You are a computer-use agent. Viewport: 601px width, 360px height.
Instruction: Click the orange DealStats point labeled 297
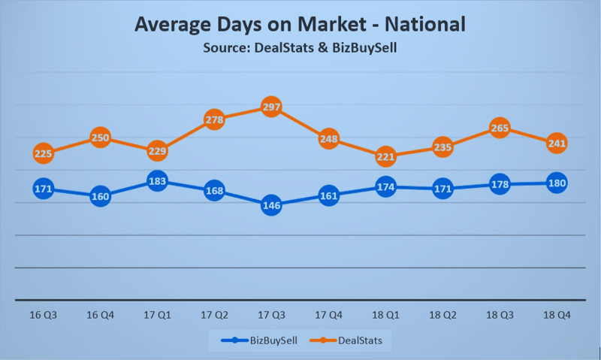click(271, 107)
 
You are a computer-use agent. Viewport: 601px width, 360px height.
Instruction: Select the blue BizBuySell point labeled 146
click(271, 205)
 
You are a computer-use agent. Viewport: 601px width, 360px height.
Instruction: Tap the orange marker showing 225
click(43, 153)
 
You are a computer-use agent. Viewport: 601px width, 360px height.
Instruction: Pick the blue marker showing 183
click(157, 181)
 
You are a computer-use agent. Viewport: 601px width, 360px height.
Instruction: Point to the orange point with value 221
click(385, 156)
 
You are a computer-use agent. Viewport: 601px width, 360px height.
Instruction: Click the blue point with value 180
click(557, 183)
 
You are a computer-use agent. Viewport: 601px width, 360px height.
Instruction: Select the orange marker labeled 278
click(214, 119)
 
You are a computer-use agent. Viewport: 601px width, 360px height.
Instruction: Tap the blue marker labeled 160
click(100, 197)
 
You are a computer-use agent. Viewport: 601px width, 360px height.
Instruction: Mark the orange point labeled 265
click(500, 128)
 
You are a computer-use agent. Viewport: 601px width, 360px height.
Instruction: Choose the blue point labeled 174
click(385, 186)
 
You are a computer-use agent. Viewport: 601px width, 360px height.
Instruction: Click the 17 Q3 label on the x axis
click(271, 315)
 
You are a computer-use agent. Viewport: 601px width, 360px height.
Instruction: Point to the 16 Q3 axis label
click(43, 315)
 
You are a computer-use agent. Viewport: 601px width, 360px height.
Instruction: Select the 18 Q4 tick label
click(557, 315)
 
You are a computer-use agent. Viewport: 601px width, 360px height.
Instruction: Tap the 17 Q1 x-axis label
click(157, 315)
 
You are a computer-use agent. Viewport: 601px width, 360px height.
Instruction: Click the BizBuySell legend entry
click(259, 340)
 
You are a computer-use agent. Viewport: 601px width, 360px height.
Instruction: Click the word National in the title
click(425, 25)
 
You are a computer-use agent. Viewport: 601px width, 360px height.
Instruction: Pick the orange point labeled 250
click(100, 138)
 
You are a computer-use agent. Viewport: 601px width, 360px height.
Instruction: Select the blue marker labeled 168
click(214, 191)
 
